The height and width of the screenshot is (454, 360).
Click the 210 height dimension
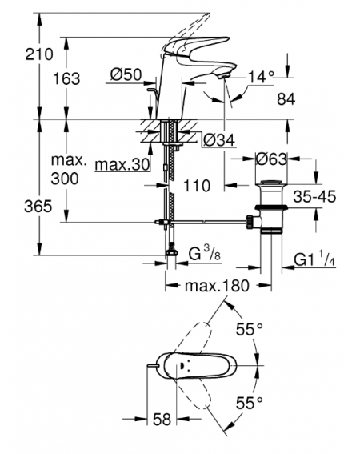39,54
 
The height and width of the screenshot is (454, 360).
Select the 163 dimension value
66,78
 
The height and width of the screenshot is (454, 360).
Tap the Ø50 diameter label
126,74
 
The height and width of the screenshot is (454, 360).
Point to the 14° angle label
261,77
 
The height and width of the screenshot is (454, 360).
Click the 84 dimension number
286,99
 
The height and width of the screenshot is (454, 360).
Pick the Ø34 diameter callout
219,140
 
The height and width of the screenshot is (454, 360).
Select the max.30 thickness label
122,165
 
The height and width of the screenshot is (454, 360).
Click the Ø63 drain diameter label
271,159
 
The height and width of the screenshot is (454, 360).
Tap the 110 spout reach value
197,186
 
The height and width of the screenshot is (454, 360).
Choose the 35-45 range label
314,197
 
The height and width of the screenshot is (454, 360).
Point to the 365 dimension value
38,207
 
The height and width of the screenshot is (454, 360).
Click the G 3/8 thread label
205,254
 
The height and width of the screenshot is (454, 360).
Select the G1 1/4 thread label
314,259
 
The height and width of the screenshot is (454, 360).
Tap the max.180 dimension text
217,286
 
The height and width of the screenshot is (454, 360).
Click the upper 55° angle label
250,329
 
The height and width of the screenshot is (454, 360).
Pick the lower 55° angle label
250,403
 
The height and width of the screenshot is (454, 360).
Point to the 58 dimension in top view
162,419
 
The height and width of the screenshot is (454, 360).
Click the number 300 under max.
65,179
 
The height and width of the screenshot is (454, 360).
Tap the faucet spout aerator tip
223,76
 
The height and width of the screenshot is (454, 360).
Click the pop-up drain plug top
271,183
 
